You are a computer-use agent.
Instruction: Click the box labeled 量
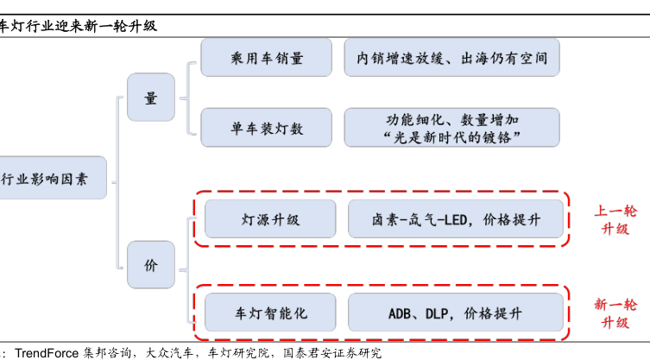pyautogui.click(x=151, y=98)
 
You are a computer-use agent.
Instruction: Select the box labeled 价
pyautogui.click(x=151, y=265)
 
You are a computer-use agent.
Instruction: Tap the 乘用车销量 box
pyautogui.click(x=266, y=58)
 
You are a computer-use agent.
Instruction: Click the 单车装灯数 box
pyautogui.click(x=266, y=128)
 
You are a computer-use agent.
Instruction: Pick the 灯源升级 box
pyautogui.click(x=270, y=219)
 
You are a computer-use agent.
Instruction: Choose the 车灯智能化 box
pyautogui.click(x=270, y=313)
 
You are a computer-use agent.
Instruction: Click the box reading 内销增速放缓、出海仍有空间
pyautogui.click(x=451, y=58)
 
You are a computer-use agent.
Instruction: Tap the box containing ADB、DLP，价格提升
pyautogui.click(x=456, y=313)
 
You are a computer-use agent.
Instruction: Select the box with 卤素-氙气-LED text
pyautogui.click(x=456, y=219)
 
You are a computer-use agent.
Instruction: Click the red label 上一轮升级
pyautogui.click(x=615, y=220)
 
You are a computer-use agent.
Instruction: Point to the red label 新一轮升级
pyautogui.click(x=615, y=313)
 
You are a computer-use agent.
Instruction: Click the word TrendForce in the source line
pyautogui.click(x=47, y=353)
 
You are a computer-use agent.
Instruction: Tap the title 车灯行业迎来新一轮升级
pyautogui.click(x=79, y=26)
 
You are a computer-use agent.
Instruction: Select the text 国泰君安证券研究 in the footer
pyautogui.click(x=332, y=353)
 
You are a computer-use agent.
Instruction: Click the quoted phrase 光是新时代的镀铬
pyautogui.click(x=451, y=137)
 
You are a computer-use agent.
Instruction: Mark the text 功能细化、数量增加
pyautogui.click(x=452, y=120)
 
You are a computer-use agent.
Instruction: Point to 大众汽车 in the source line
pyautogui.click(x=169, y=353)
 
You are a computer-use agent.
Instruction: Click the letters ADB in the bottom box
pyautogui.click(x=399, y=313)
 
